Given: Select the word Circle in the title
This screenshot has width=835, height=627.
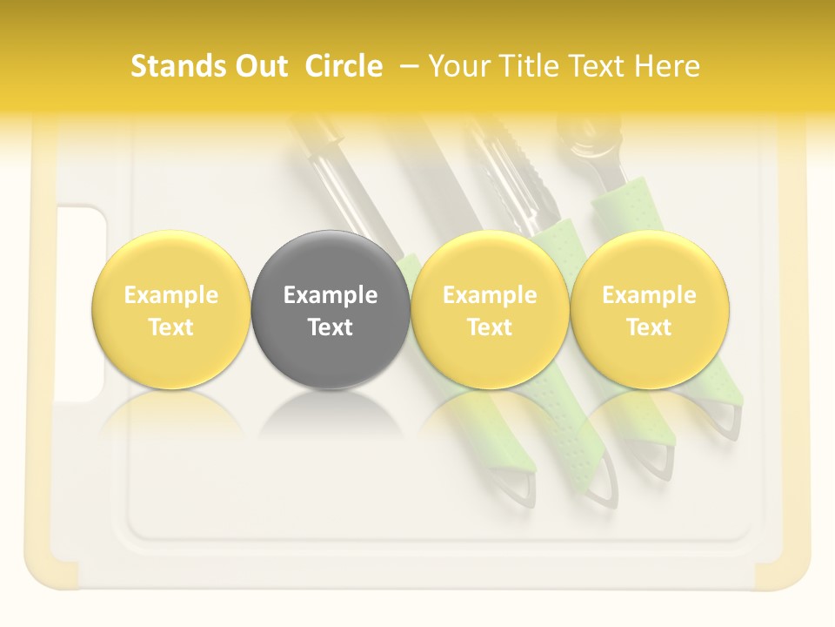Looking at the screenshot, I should (x=344, y=66).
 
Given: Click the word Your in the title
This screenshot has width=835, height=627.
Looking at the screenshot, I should (x=457, y=66).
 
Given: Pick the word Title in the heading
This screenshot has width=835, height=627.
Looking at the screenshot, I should (x=527, y=66).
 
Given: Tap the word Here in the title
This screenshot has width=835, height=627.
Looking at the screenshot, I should (x=667, y=66).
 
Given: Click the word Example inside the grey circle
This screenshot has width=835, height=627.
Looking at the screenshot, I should (x=331, y=295).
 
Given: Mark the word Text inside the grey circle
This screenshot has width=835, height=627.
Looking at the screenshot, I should (x=331, y=327).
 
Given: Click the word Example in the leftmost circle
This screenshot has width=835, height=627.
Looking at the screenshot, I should (x=170, y=295).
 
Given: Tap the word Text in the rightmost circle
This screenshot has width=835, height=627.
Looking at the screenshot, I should (x=649, y=327).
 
